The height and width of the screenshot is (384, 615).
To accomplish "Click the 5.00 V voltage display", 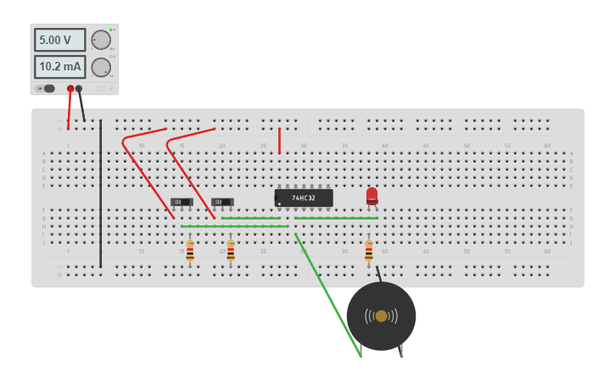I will click(x=59, y=40).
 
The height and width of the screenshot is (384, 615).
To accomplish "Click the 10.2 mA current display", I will click(x=59, y=67).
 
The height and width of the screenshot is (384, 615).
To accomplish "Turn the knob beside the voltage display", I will click(x=101, y=40).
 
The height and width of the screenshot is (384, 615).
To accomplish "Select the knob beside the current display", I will click(x=101, y=67).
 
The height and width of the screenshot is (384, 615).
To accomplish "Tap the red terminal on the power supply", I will click(x=70, y=88).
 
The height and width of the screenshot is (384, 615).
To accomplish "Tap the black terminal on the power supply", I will click(x=79, y=88).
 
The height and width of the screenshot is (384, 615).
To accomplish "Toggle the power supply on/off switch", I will click(x=48, y=88).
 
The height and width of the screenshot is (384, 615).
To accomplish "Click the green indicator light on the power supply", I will click(x=110, y=30).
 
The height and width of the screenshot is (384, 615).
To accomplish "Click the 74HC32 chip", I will click(x=304, y=198).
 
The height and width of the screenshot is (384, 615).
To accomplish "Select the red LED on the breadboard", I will click(x=372, y=196).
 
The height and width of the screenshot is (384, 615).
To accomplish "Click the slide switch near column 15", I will click(x=182, y=202).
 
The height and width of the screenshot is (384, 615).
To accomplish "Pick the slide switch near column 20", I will click(x=222, y=202).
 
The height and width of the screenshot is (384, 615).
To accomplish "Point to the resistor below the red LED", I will click(x=368, y=250).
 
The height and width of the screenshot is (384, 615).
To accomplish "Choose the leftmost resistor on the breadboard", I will click(x=190, y=250).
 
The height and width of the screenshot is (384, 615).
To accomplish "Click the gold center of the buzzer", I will click(x=381, y=316).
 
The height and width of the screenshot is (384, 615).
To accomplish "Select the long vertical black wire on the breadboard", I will click(x=100, y=195).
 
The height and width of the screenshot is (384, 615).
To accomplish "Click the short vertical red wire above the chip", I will click(x=279, y=141).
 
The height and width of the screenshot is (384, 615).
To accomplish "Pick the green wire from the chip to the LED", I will click(x=336, y=218).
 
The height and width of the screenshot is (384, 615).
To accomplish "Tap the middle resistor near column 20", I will click(x=231, y=250).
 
